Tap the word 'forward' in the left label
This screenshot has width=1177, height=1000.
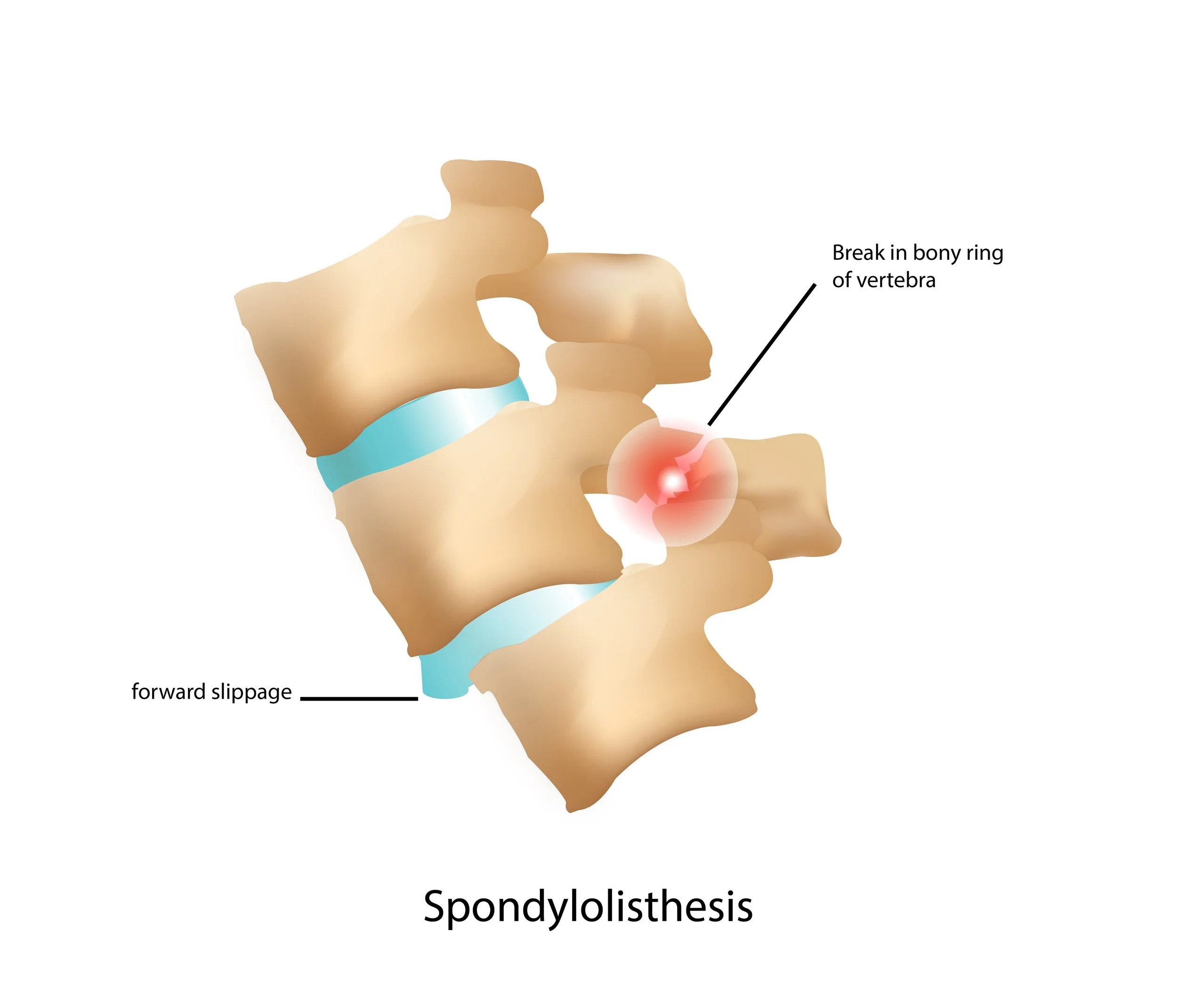(168, 692)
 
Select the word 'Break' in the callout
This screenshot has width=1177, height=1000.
(858, 253)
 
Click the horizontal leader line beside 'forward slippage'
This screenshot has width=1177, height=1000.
(358, 698)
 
